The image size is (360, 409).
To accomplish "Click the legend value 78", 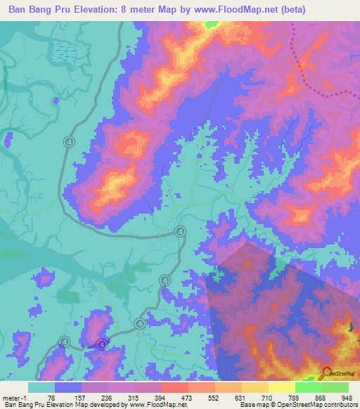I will click(x=50, y=397).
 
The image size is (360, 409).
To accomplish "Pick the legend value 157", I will click(x=78, y=397).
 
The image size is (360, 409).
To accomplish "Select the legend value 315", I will click(x=134, y=397).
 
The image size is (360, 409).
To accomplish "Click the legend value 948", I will click(x=346, y=397).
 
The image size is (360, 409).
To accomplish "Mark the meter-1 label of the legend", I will click(x=15, y=397).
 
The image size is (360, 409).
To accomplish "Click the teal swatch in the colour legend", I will click(x=41, y=387).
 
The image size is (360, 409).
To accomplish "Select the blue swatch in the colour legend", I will click(x=68, y=387).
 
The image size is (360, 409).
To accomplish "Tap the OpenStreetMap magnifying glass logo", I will click(x=327, y=373).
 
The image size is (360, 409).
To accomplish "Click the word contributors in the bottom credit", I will click(x=337, y=405).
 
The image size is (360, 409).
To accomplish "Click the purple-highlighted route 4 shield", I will click(x=102, y=344).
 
